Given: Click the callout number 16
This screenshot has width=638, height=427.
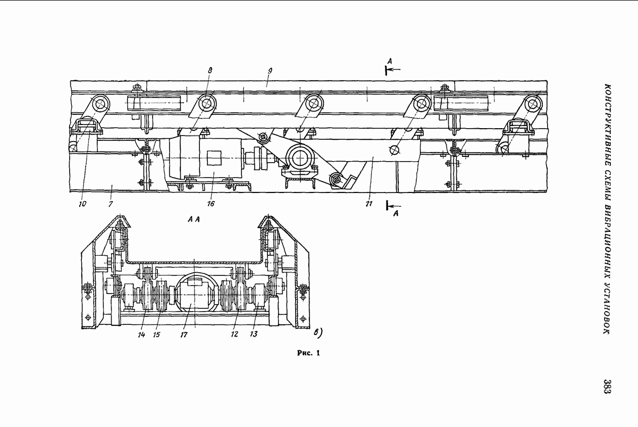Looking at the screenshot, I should pos(211,203).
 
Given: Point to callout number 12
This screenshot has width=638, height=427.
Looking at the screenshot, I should pos(234,334).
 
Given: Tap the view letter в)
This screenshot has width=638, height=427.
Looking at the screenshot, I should pos(318,333).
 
